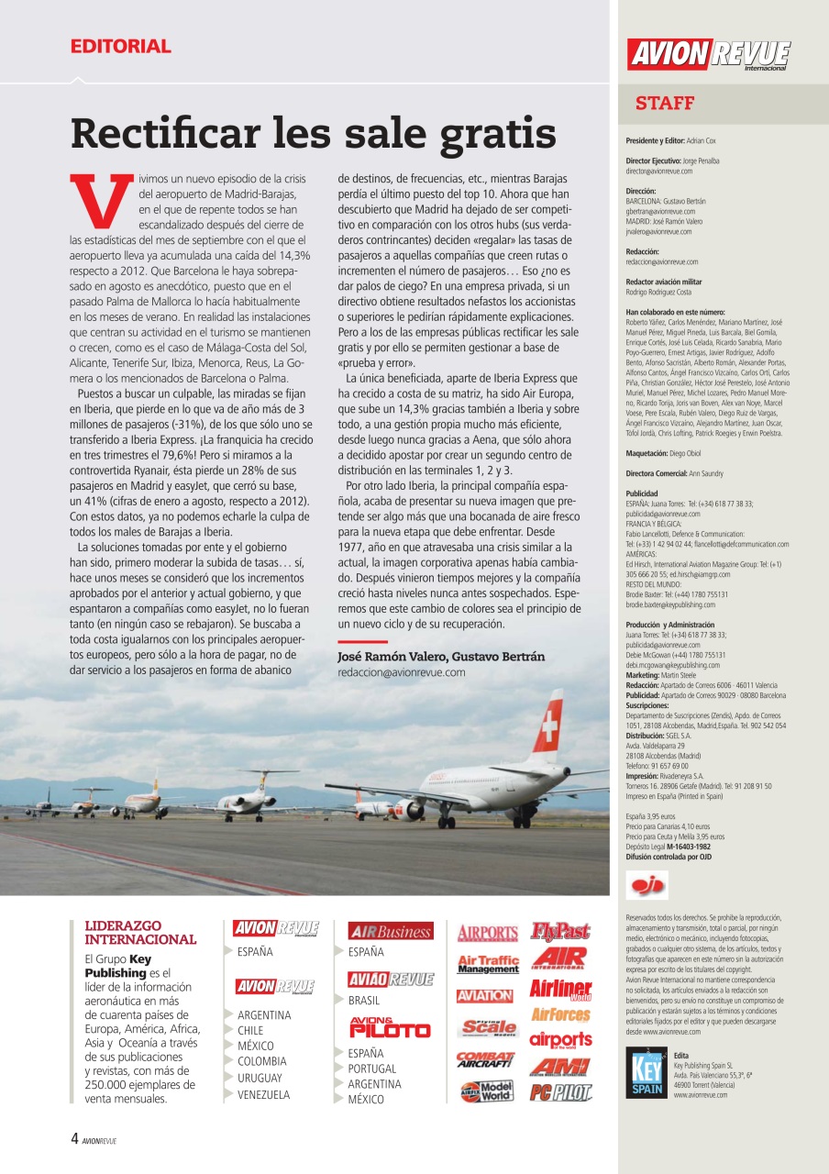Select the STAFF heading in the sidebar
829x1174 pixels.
[665, 104]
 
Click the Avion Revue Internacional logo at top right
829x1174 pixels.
[708, 54]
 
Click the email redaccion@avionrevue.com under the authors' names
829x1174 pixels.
[402, 672]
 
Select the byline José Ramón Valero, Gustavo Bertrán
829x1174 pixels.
[441, 657]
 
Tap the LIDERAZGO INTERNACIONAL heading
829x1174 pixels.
[140, 933]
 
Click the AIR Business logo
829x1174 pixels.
[390, 931]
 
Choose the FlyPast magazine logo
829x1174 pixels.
[560, 932]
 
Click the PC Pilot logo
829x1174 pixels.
[560, 1092]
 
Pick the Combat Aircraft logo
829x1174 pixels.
[486, 1059]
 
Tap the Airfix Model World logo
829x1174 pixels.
[486, 1091]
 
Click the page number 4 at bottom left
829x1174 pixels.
[74, 1139]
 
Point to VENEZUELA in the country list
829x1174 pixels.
[263, 1094]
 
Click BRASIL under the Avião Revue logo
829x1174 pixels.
[364, 1001]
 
